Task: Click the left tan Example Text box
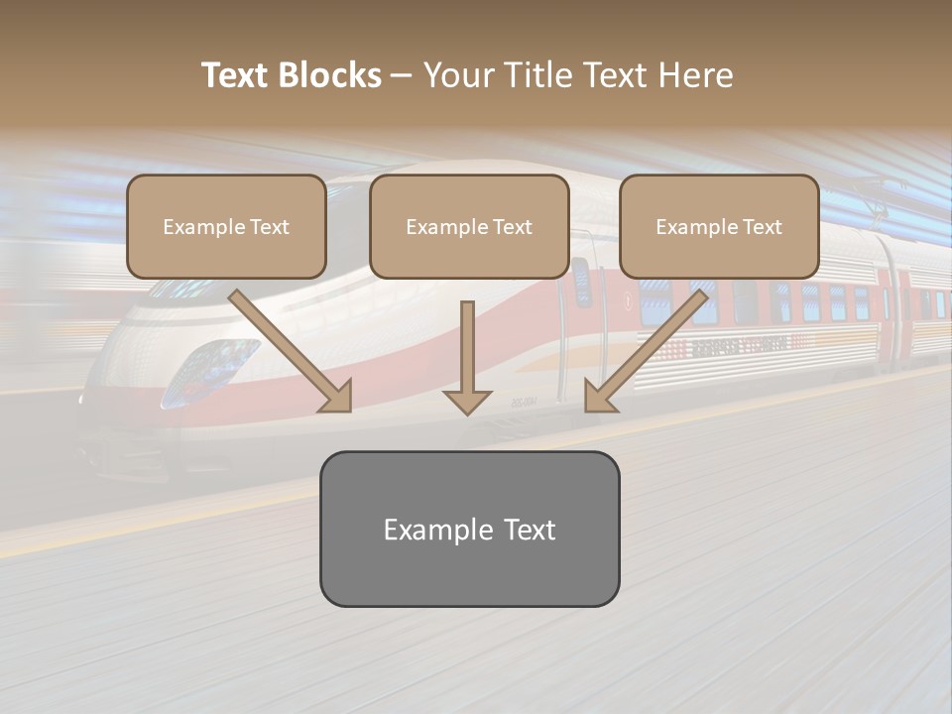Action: (x=226, y=226)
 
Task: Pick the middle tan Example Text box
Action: (x=469, y=226)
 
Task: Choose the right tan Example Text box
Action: (x=719, y=226)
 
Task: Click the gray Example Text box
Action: (x=469, y=529)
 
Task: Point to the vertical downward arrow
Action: (x=467, y=357)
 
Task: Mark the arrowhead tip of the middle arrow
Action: (x=467, y=413)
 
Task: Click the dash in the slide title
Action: (x=402, y=75)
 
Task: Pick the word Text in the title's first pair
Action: (x=236, y=75)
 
